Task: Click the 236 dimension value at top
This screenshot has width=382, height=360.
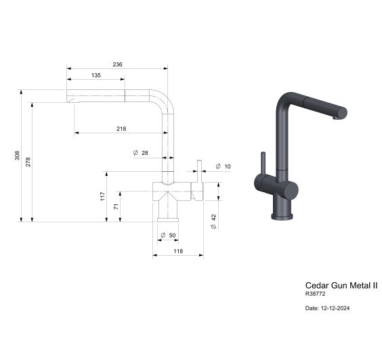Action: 117,64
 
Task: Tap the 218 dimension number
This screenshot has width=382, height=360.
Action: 121,129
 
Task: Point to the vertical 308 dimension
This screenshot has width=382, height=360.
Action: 18,156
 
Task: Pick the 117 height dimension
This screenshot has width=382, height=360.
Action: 102,196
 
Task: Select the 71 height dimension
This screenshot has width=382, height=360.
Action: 115,207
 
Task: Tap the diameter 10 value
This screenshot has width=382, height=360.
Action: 227,166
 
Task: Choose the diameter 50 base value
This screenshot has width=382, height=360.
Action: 171,235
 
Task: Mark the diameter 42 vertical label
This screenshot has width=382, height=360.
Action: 213,221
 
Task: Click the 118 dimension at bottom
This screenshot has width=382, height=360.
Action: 177,251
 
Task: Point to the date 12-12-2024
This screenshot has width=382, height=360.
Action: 328,309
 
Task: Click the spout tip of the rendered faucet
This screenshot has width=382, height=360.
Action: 341,113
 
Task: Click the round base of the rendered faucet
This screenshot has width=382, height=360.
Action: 284,216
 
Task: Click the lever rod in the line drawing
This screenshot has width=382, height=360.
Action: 199,170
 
